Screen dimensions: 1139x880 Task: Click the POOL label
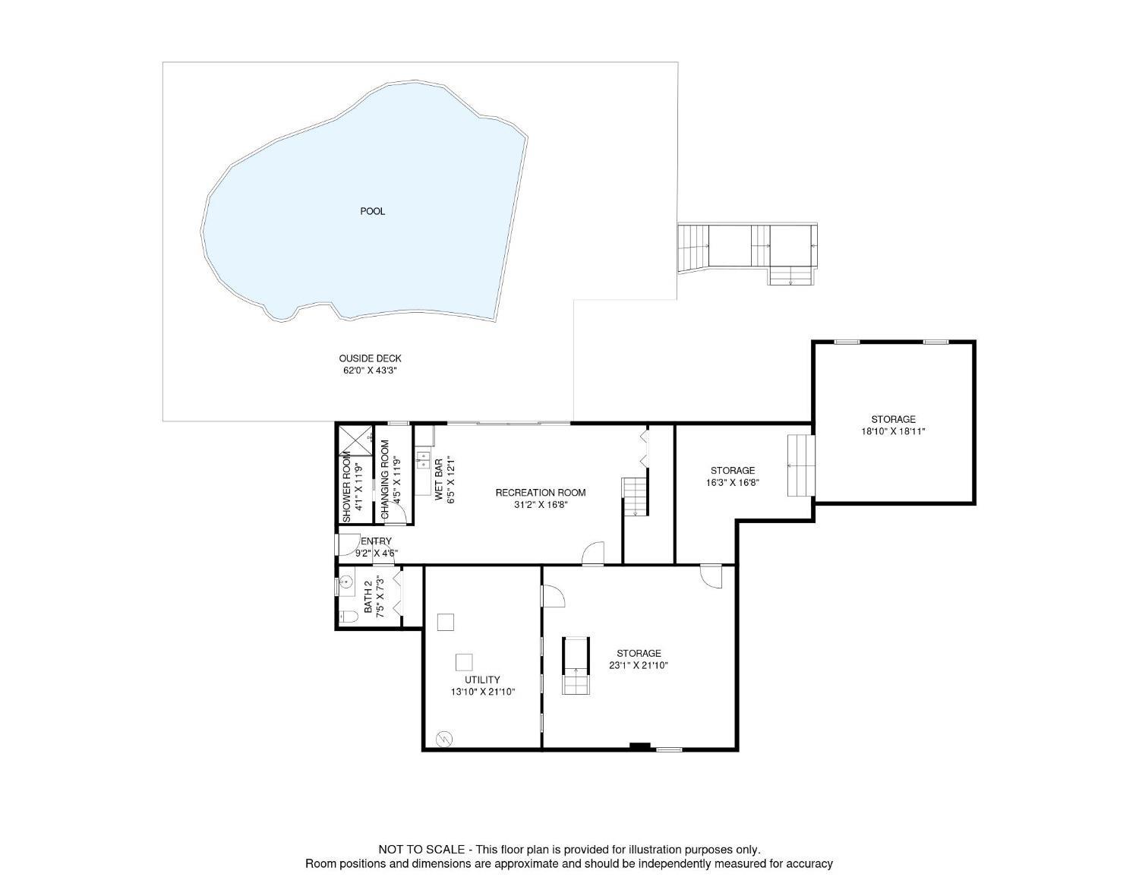tap(372, 211)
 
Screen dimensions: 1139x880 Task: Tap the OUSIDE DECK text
tap(370, 358)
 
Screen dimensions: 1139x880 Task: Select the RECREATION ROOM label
tap(541, 493)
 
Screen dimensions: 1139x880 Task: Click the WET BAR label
tap(439, 479)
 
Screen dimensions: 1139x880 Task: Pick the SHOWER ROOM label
tap(346, 487)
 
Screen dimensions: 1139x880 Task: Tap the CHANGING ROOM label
tap(385, 480)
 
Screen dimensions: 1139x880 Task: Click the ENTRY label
tap(377, 541)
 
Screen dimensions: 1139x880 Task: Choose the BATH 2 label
tap(368, 597)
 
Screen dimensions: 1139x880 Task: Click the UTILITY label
tap(482, 680)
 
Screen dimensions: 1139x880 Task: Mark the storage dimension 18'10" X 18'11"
tap(893, 431)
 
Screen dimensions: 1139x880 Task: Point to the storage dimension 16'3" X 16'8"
tap(732, 483)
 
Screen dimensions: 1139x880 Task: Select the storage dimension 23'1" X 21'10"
tap(639, 666)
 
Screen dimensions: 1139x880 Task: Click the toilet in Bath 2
tap(348, 617)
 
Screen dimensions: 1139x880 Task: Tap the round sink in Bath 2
tap(346, 582)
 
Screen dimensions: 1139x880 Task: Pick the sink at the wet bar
tap(422, 461)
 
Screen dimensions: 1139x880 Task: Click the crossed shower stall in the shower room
tap(355, 441)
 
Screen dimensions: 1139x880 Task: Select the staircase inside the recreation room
tap(635, 497)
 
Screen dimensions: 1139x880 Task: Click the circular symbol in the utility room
tap(444, 739)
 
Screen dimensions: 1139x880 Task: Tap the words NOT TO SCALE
tap(421, 850)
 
